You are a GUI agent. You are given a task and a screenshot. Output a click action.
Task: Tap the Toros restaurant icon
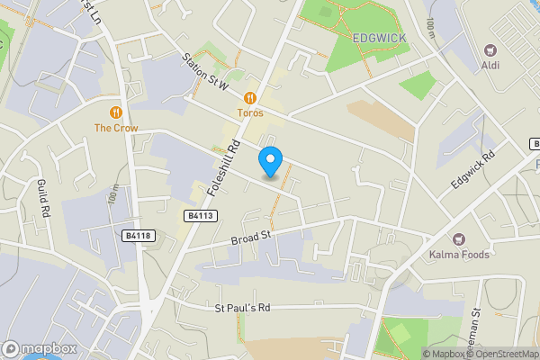click(250, 96)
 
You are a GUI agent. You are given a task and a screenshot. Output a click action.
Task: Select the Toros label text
click(250, 112)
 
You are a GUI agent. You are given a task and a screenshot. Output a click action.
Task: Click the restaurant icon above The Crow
click(116, 112)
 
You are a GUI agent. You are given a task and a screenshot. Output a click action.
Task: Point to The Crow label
click(116, 128)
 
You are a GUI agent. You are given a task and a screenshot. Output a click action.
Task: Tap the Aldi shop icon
click(490, 50)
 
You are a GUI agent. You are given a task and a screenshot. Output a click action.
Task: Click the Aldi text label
click(490, 67)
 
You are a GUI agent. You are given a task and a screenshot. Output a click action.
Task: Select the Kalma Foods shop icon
click(458, 238)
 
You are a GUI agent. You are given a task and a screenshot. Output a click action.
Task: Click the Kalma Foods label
click(458, 255)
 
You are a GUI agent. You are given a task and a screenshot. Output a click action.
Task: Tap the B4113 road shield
click(202, 216)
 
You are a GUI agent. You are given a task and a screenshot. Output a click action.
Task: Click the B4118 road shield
click(138, 236)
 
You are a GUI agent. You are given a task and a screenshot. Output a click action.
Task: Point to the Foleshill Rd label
click(223, 168)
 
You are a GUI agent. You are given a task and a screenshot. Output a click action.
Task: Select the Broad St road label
click(250, 238)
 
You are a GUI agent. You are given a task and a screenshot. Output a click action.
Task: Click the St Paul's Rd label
click(242, 308)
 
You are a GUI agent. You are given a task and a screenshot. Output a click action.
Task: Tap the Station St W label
click(206, 75)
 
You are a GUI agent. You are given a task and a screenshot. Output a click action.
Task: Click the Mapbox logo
click(39, 348)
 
